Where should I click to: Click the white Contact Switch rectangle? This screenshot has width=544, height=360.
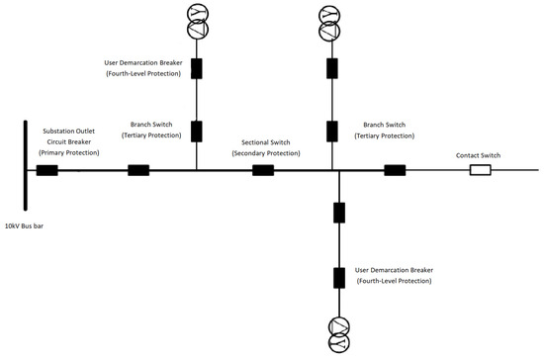point(480,170)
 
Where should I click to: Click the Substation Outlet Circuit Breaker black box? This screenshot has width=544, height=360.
point(46,170)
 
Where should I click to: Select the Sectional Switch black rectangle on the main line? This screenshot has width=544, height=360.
point(263,170)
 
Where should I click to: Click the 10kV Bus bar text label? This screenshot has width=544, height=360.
point(37,227)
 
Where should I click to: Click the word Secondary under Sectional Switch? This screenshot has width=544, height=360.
point(259,153)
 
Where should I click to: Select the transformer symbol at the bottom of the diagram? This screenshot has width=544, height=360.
point(339,332)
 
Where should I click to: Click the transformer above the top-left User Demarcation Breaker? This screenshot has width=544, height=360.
point(197,22)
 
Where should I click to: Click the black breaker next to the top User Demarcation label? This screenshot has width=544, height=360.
point(197,68)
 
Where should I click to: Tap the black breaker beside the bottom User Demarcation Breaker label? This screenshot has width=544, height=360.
point(339,276)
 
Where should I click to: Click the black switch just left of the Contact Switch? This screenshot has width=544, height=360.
point(395,170)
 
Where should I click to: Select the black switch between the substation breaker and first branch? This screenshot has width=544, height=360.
point(138,170)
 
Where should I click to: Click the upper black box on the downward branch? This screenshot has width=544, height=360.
point(339,212)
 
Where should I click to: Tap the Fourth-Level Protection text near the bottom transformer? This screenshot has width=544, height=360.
point(396,282)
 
